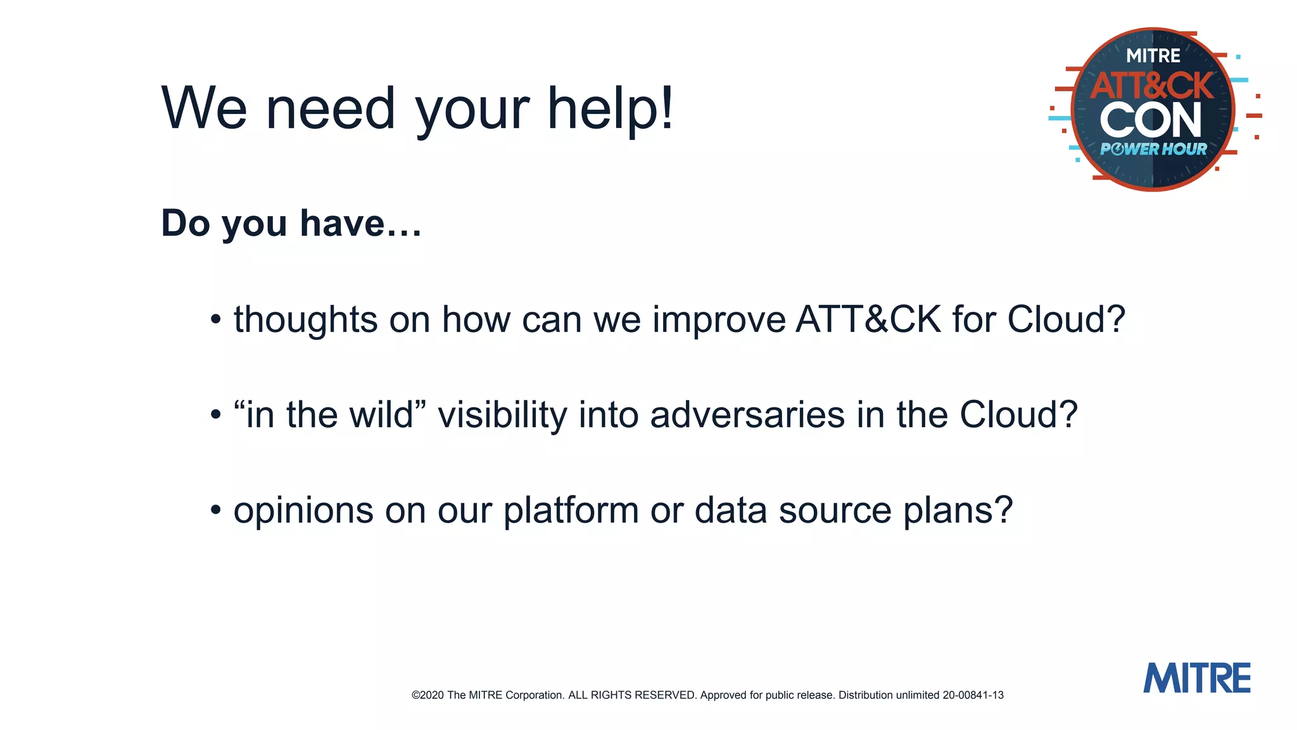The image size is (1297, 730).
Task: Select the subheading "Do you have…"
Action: [x=291, y=223]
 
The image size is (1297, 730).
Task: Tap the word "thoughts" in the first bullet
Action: [x=306, y=319]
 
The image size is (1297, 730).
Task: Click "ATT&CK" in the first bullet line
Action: [x=868, y=319]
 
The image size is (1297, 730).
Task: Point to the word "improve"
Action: [x=719, y=321]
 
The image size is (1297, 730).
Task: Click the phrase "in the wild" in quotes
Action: [x=329, y=415]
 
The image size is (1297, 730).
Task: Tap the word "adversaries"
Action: [x=747, y=415]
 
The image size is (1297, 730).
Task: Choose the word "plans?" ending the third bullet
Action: [x=958, y=511]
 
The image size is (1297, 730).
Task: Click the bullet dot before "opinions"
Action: [x=216, y=510]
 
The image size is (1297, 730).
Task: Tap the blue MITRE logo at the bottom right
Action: [x=1196, y=678]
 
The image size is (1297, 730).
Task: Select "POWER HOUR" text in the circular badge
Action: [x=1153, y=150]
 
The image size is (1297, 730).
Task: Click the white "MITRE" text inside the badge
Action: [x=1153, y=56]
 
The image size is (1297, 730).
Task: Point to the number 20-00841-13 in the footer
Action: [x=973, y=695]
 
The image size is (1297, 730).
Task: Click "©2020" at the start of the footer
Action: [x=427, y=695]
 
